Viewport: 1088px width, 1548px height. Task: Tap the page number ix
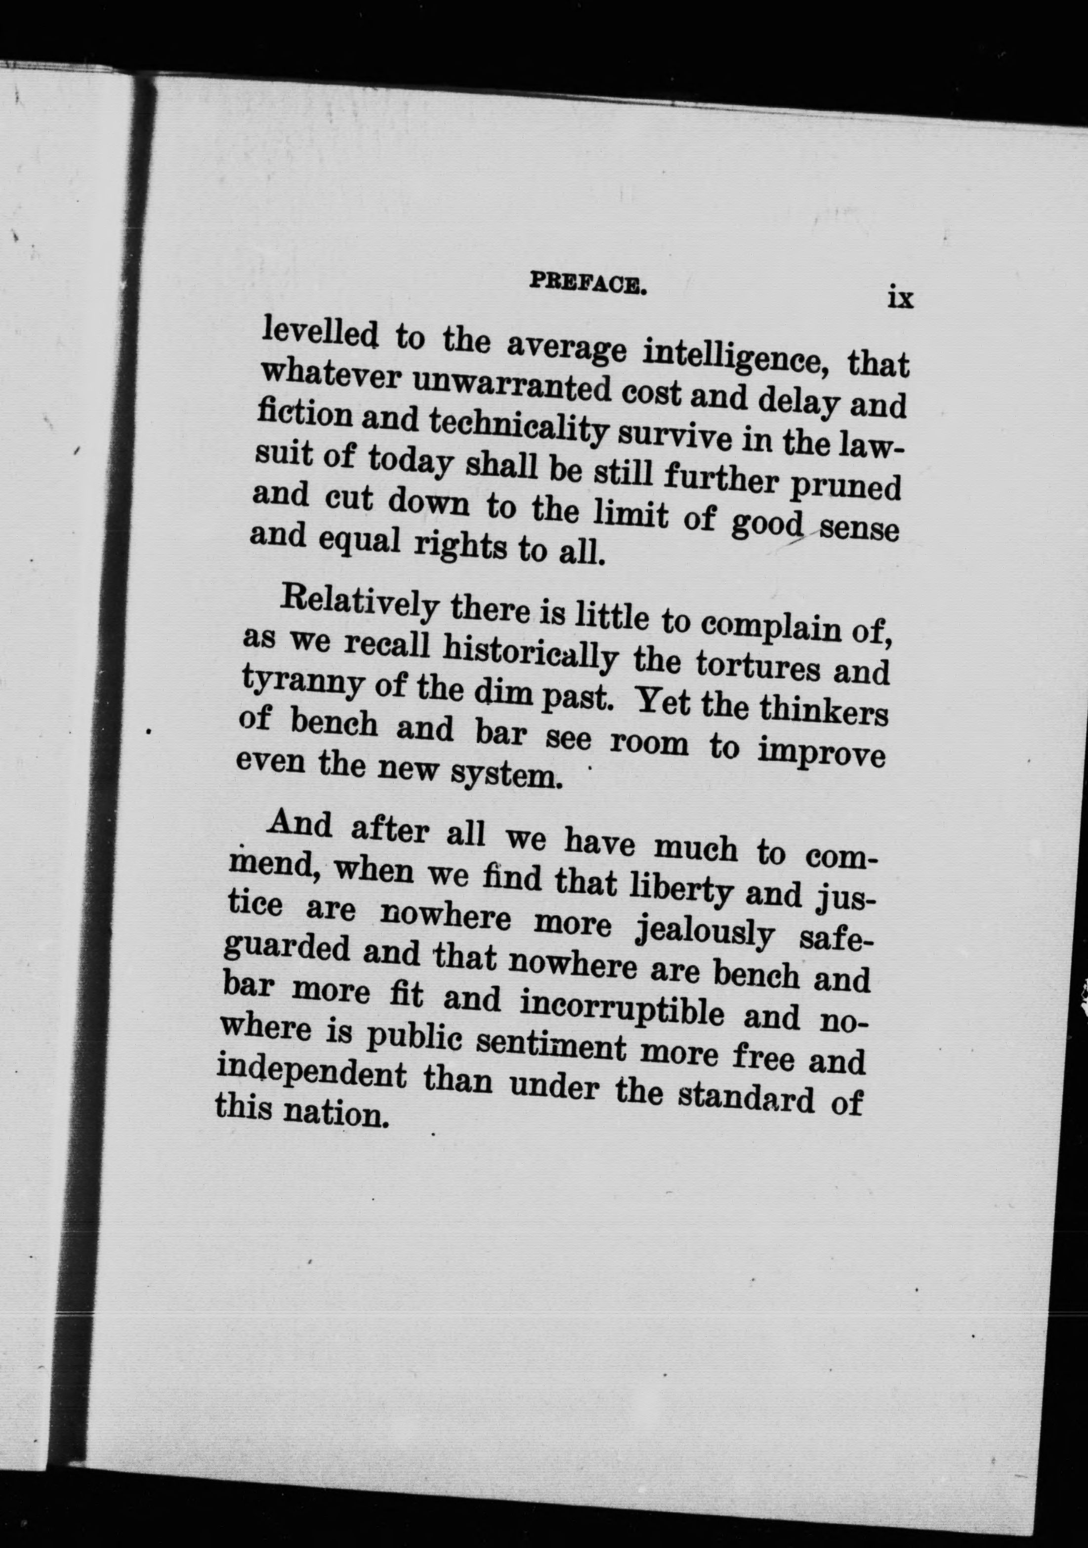(x=900, y=297)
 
